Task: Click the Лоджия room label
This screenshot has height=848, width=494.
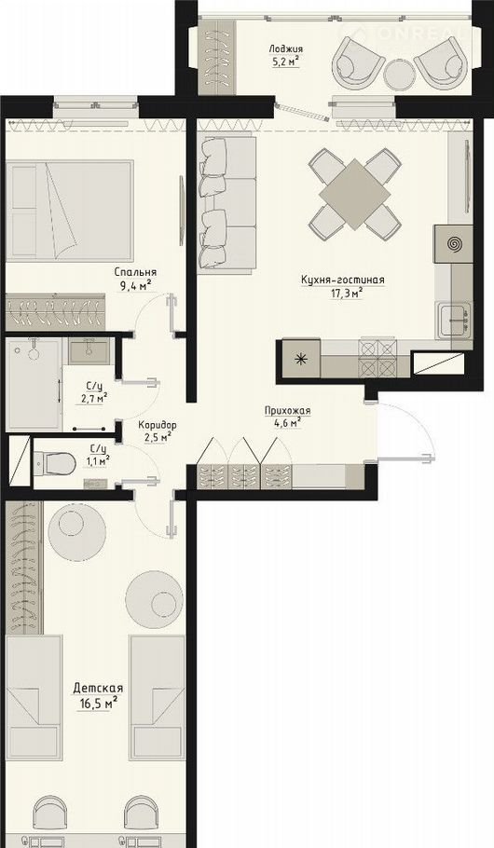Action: [284, 49]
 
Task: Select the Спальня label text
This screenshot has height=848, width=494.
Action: [135, 272]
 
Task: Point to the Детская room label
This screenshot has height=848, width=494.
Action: [98, 689]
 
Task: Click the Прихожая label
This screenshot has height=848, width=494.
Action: [287, 411]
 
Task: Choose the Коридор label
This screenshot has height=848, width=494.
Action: [157, 425]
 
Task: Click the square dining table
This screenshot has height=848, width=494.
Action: [354, 194]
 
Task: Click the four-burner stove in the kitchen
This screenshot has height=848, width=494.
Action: [378, 359]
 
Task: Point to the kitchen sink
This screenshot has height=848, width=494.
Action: [453, 321]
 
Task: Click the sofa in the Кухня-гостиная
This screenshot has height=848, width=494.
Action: [226, 204]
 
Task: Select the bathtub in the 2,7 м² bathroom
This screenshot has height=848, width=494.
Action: [34, 385]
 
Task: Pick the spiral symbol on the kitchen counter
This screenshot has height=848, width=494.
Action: [453, 244]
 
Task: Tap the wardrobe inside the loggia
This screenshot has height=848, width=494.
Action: [217, 56]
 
